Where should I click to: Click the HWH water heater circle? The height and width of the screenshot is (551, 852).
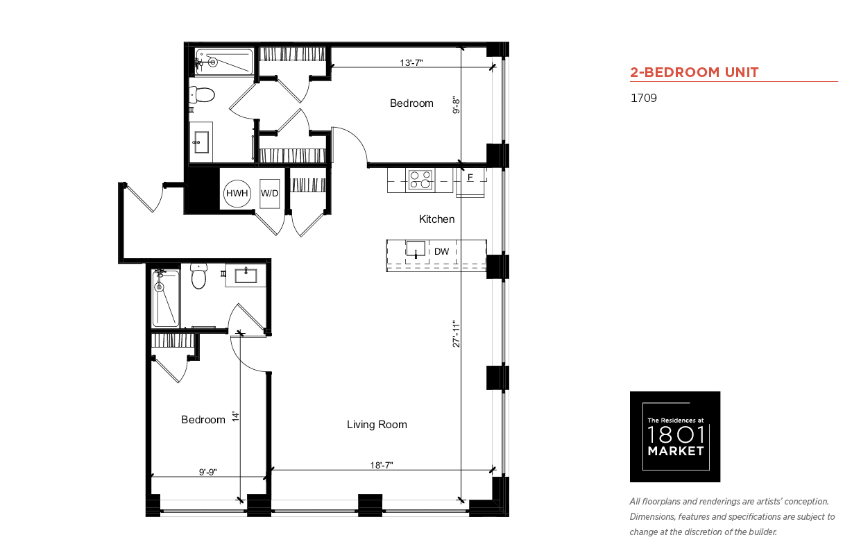[237, 194]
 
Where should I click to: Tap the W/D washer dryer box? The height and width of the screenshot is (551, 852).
[269, 194]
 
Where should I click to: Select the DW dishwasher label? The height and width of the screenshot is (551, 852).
[441, 251]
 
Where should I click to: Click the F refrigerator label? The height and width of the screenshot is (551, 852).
[470, 178]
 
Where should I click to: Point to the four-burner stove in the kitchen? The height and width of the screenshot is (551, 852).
[420, 180]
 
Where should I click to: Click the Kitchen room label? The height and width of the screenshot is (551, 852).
[436, 219]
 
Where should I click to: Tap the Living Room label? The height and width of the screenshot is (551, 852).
[377, 424]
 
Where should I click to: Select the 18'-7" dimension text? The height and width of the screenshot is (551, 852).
[382, 465]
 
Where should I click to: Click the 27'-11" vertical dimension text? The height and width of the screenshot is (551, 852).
[456, 334]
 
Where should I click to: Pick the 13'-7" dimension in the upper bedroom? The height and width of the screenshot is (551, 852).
[411, 62]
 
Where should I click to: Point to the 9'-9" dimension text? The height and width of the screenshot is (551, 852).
[207, 472]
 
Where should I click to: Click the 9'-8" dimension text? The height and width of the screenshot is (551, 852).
[456, 105]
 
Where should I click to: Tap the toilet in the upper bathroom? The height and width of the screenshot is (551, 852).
[202, 95]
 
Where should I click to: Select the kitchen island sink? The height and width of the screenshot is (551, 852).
[416, 249]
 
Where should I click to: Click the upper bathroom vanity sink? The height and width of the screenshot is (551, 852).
[201, 142]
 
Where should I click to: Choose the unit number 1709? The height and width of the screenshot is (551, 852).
[644, 98]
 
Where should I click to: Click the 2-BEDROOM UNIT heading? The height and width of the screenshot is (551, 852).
[694, 72]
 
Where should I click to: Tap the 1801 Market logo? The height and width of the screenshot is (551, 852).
[675, 436]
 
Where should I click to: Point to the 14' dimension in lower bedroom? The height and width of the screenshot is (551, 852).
[236, 416]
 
